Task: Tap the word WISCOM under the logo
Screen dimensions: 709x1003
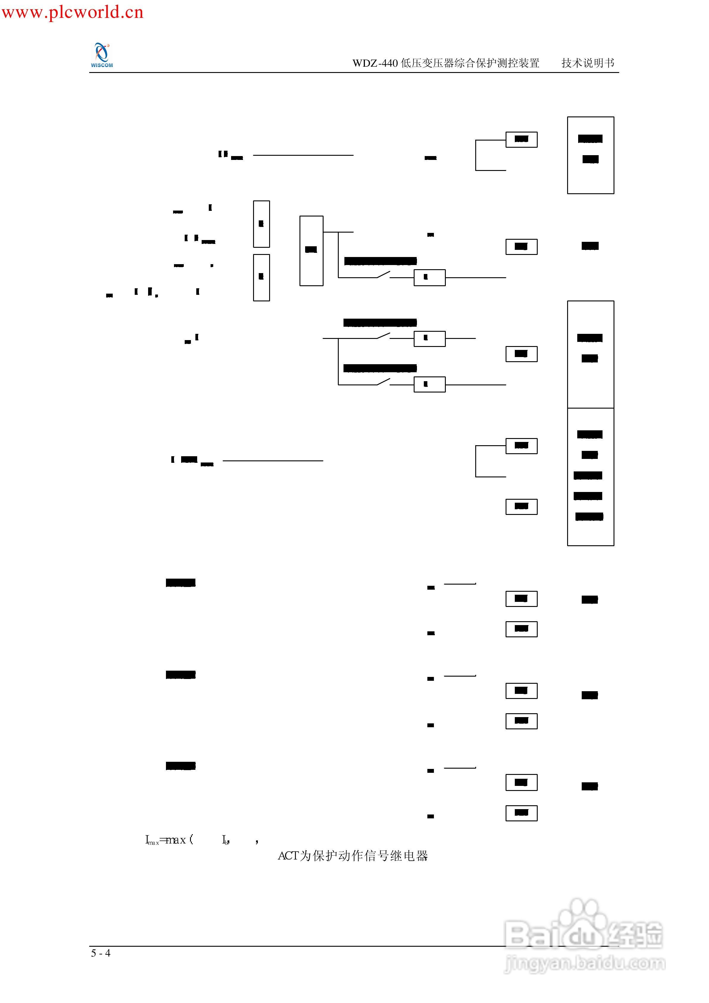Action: (x=102, y=66)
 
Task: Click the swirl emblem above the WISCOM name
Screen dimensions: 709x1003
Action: (x=102, y=52)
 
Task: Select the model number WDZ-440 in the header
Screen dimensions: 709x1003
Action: (x=375, y=63)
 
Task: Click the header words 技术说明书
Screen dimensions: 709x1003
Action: (x=588, y=63)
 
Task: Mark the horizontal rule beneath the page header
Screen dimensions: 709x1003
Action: (x=354, y=73)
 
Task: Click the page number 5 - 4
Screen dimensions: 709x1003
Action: (x=101, y=953)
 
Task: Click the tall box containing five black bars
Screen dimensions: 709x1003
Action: (x=590, y=477)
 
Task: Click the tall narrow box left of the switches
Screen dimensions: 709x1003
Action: (x=311, y=251)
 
